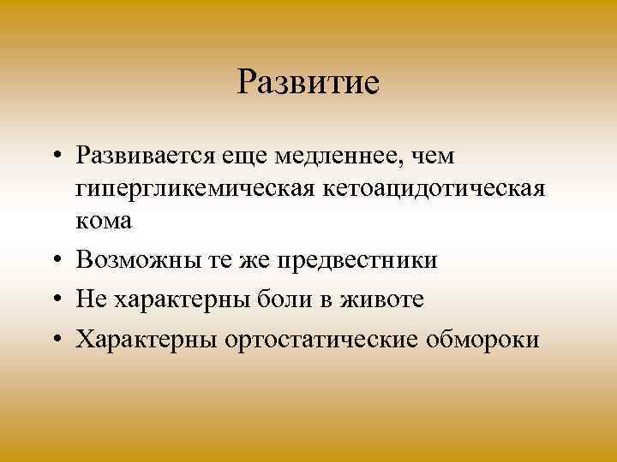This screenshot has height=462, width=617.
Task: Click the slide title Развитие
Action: (x=308, y=83)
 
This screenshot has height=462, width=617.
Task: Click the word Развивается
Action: (x=147, y=157)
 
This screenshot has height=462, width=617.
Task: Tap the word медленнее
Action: (x=344, y=157)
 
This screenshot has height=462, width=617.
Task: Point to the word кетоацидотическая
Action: (x=433, y=188)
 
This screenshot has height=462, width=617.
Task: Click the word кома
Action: (x=104, y=220)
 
